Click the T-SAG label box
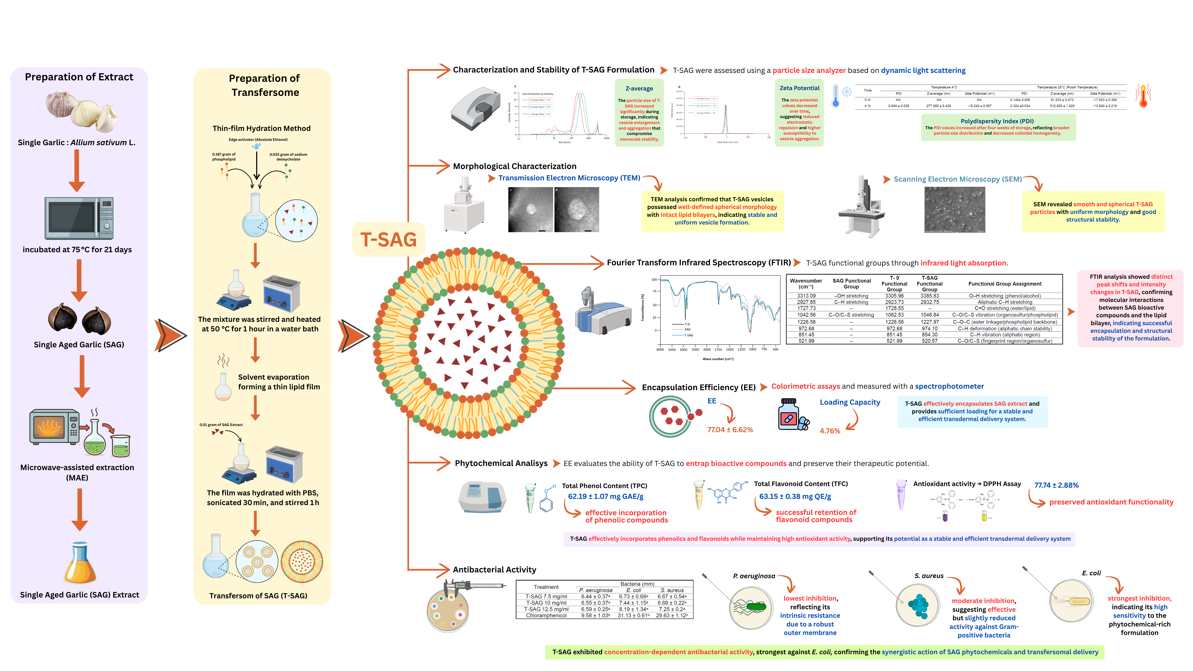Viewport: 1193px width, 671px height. [x=389, y=239]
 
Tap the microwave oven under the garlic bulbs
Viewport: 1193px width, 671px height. [x=79, y=218]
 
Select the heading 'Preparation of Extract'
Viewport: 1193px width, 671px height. [x=79, y=77]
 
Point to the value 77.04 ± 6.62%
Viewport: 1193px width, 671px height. [x=730, y=430]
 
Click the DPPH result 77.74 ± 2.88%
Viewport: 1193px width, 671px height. [x=1056, y=485]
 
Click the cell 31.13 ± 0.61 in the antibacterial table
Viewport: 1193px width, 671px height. [x=633, y=615]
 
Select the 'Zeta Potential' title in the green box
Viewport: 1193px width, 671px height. [x=799, y=88]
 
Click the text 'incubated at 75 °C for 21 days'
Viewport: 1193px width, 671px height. [x=77, y=250]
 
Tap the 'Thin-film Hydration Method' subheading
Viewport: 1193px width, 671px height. [x=261, y=128]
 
